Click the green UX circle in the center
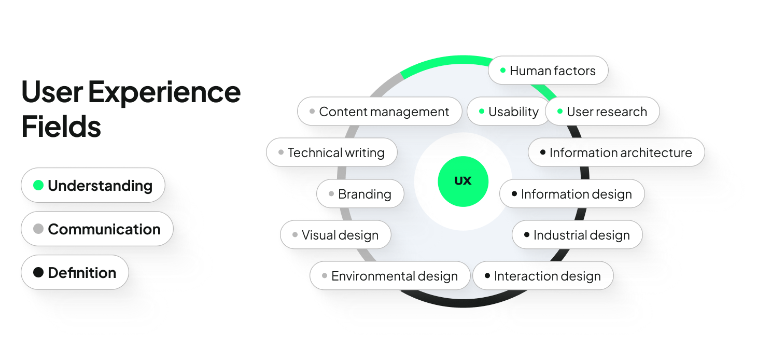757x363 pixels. point(463,181)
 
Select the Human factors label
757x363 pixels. point(548,71)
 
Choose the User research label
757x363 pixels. point(602,111)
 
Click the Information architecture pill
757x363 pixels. point(616,152)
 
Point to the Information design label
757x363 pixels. point(572,194)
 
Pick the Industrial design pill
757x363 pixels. point(577,235)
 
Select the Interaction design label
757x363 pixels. point(543,276)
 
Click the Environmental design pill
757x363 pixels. point(390,276)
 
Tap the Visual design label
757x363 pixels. point(335,235)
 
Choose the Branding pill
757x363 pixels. point(360,194)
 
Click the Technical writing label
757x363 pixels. point(332,152)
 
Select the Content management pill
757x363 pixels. point(380,111)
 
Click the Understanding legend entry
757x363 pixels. point(93,185)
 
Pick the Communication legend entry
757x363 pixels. point(97,229)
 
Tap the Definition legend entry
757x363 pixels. point(75,272)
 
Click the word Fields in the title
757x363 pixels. point(61,126)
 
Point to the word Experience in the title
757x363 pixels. point(164,92)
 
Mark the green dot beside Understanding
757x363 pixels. point(38,185)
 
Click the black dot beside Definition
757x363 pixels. point(38,272)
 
